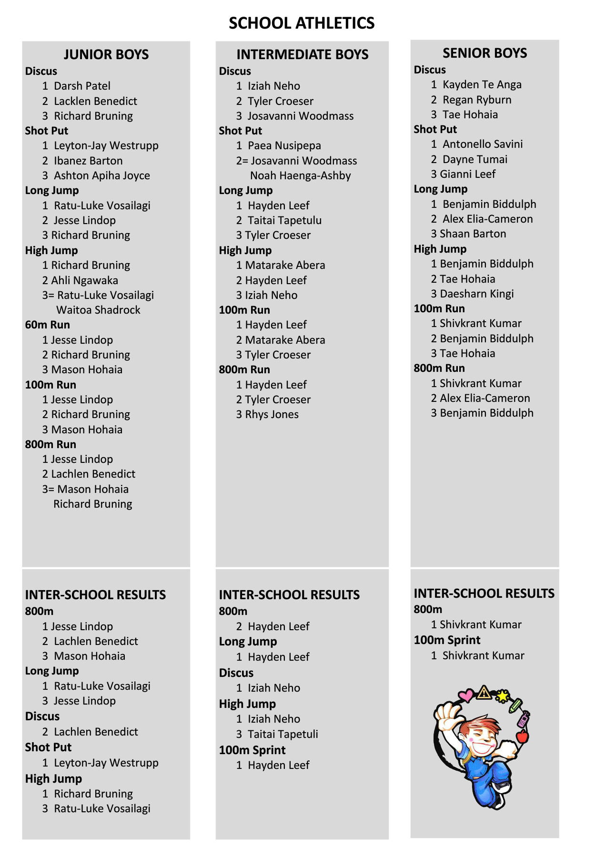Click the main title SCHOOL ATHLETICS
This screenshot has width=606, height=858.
point(302,23)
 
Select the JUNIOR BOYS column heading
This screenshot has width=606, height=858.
point(106,54)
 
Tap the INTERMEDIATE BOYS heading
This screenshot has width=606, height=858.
point(303,54)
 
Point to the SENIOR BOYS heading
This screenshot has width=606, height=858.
point(485,53)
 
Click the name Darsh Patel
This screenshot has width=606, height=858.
point(82,86)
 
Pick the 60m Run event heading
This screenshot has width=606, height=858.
point(48,325)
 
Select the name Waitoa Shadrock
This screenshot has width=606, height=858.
point(98,310)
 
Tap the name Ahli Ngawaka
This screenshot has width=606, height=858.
point(85,280)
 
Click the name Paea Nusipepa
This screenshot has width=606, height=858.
point(284,145)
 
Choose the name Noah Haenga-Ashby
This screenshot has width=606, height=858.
point(301,175)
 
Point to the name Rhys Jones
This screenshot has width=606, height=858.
point(272,414)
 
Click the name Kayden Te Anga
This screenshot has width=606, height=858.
point(482,84)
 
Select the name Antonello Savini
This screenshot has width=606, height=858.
point(483,144)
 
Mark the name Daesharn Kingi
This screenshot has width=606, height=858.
point(477,294)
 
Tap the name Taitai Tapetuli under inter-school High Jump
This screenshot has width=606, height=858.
point(283,734)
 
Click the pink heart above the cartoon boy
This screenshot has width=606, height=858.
point(466,695)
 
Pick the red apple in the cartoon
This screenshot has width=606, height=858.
point(522,736)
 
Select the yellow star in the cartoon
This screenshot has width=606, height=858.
point(502,696)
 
